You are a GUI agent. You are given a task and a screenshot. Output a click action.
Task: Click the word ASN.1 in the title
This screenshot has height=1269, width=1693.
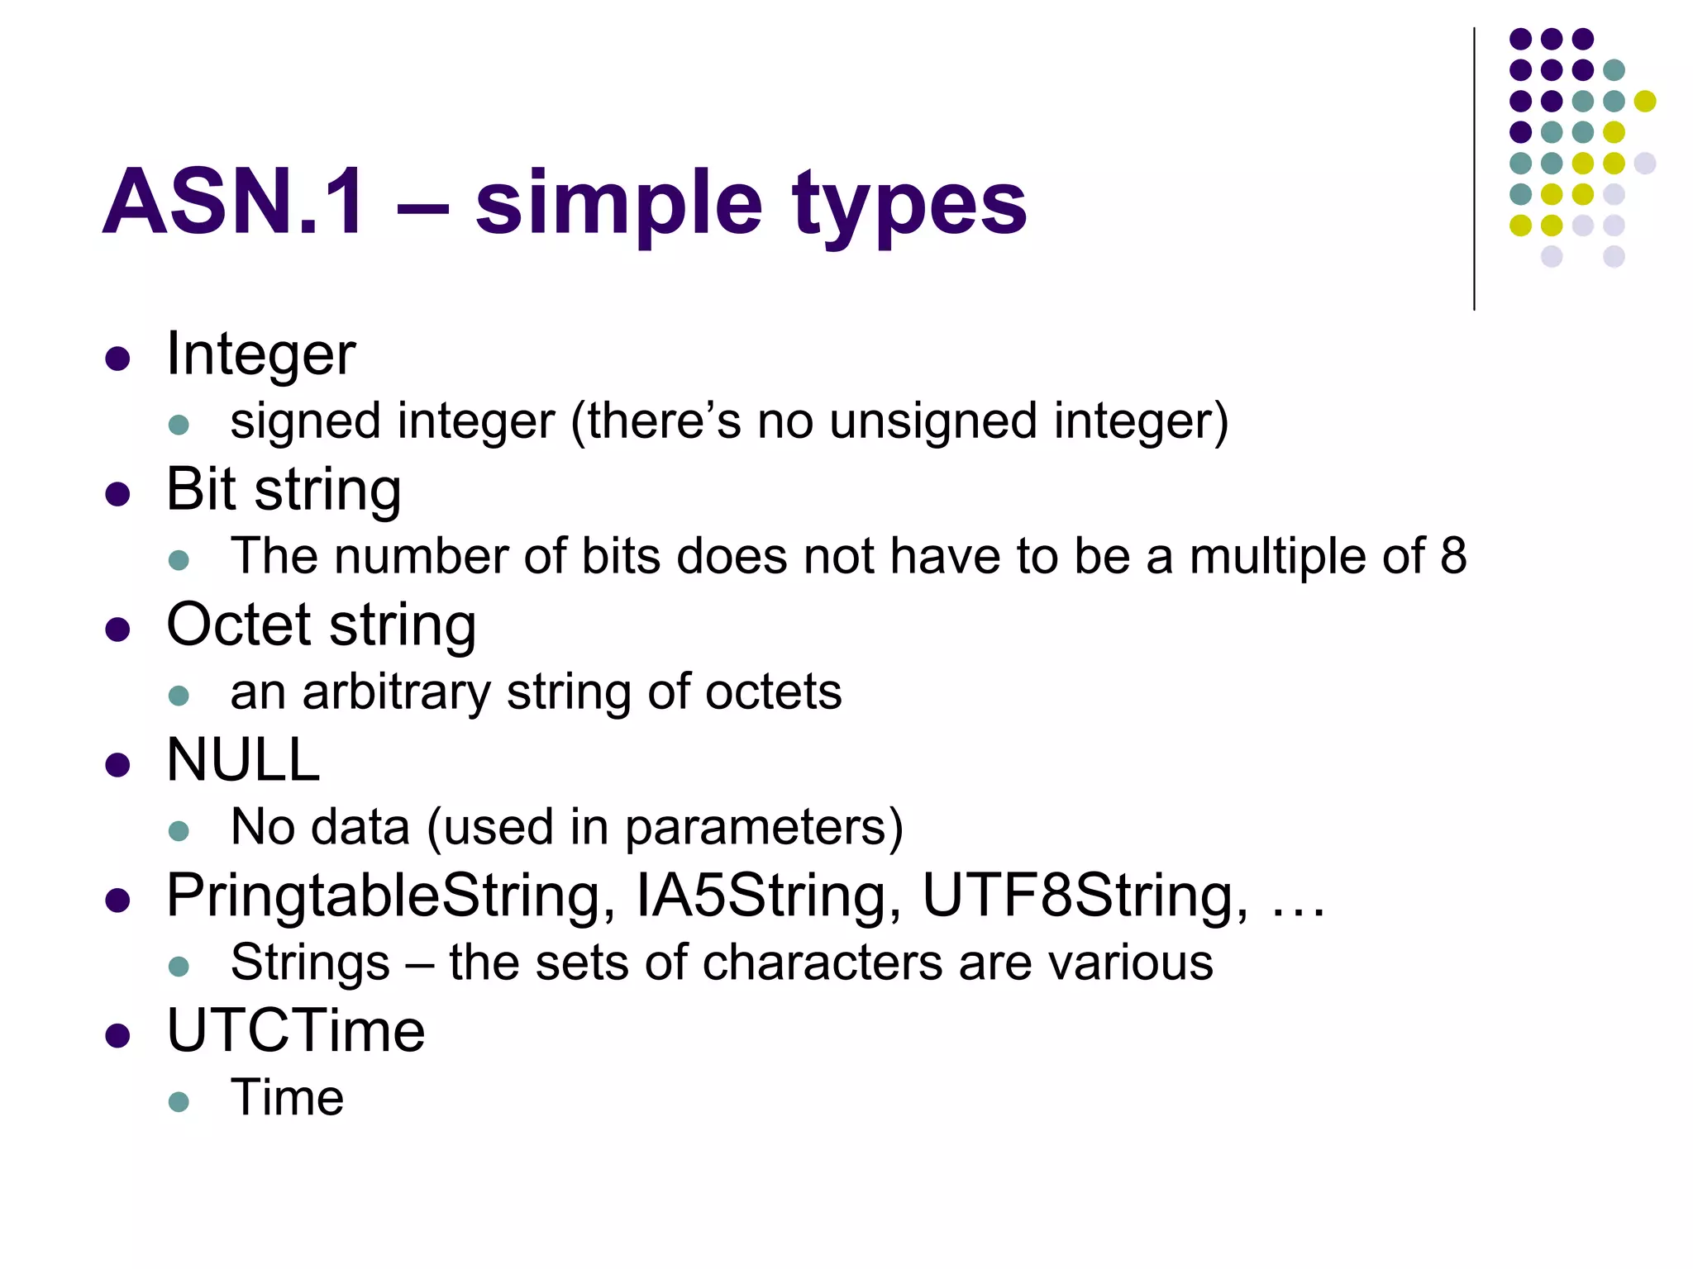[x=233, y=202]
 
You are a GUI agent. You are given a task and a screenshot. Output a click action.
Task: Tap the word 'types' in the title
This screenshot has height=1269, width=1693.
[x=908, y=207]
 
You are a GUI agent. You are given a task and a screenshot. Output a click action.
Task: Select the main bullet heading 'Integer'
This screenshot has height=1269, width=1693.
[x=260, y=354]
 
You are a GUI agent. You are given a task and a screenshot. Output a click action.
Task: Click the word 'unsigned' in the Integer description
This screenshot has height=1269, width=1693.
[x=933, y=421]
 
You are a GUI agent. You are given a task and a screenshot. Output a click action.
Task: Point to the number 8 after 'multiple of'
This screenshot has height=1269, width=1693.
[x=1453, y=556]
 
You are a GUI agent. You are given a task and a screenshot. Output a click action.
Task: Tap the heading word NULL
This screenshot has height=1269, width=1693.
[x=243, y=760]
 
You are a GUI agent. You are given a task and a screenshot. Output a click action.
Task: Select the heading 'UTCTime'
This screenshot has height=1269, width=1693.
[x=295, y=1031]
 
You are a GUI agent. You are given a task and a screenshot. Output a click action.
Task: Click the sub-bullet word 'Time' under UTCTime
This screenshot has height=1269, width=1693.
[x=287, y=1099]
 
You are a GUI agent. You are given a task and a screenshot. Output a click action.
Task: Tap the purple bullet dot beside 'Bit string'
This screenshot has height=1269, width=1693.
[x=118, y=494]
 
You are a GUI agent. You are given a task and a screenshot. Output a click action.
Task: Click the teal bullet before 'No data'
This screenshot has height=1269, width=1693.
[x=179, y=830]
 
